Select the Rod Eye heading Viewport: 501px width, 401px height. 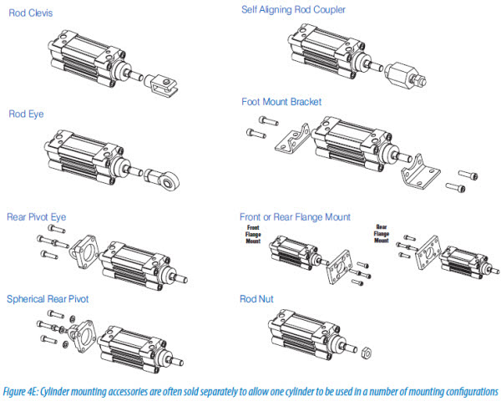click(26, 114)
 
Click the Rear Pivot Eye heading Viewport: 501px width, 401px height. click(36, 216)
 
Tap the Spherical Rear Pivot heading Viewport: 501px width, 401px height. click(47, 298)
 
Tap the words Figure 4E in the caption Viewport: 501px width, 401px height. click(26, 391)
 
